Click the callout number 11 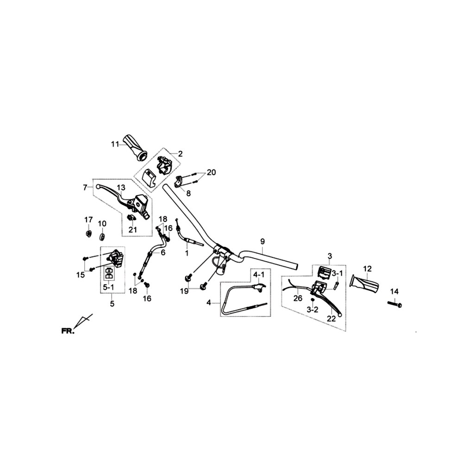click(x=115, y=144)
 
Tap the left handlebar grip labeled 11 click(x=136, y=148)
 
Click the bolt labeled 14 click(x=394, y=304)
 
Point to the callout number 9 click(x=263, y=242)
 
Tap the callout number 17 click(x=88, y=220)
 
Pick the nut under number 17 click(x=88, y=234)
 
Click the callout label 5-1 click(x=108, y=287)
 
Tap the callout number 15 click(x=80, y=275)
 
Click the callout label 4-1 click(x=259, y=275)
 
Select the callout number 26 click(x=298, y=299)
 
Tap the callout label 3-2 click(x=312, y=310)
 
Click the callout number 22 click(x=332, y=319)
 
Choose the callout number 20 click(x=212, y=172)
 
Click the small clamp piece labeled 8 click(x=179, y=181)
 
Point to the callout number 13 click(x=121, y=188)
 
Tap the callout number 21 click(x=132, y=230)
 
